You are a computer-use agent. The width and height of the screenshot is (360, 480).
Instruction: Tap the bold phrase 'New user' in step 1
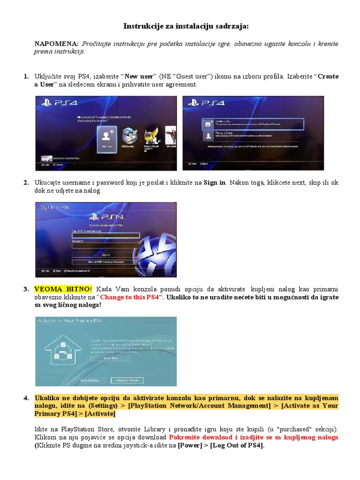[139, 76]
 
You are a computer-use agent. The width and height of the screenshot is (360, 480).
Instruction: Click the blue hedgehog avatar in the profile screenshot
[130, 136]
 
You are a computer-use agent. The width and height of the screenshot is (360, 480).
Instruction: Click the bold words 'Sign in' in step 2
[214, 183]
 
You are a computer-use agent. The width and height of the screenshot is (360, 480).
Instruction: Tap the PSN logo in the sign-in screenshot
[108, 217]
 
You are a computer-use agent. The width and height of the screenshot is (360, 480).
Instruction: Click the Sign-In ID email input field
[106, 235]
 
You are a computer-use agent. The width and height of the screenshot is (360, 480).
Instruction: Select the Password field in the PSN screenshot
[106, 244]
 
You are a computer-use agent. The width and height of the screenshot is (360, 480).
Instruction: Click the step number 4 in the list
[27, 398]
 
